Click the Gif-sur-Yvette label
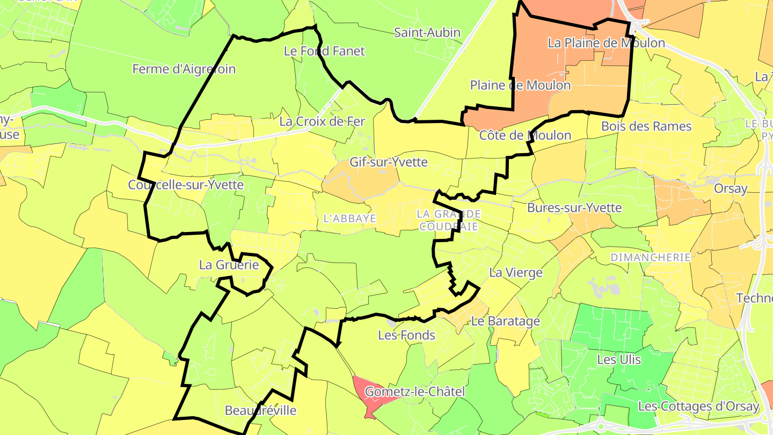(x=389, y=162)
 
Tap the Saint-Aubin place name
(x=427, y=32)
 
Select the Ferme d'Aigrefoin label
(x=184, y=69)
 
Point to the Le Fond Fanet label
(x=324, y=51)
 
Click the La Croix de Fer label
(x=322, y=121)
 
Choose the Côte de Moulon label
(x=525, y=135)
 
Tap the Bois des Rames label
(x=646, y=126)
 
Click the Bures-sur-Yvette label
(x=574, y=207)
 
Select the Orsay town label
(x=731, y=189)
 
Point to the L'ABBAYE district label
(x=349, y=219)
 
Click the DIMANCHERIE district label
(x=651, y=258)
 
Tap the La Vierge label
(x=516, y=273)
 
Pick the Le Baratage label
(x=505, y=321)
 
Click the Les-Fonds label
(x=406, y=335)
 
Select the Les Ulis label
(x=619, y=359)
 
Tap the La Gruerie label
(x=229, y=265)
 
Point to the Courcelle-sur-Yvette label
(x=186, y=185)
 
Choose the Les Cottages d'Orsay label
(x=698, y=406)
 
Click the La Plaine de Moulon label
(x=606, y=43)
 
